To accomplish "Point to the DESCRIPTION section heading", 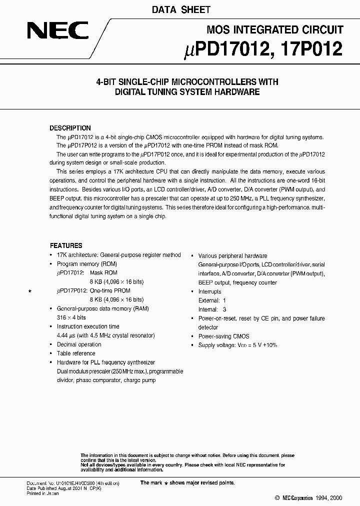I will click(x=70, y=128).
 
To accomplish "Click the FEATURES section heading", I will click(x=66, y=246).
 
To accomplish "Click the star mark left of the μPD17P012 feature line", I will click(x=30, y=291).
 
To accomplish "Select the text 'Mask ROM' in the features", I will click(x=103, y=273).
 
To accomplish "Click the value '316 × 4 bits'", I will click(x=71, y=318).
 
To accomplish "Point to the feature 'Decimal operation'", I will click(x=79, y=345).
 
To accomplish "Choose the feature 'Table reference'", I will click(x=76, y=354).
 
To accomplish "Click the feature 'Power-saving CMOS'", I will click(x=223, y=336).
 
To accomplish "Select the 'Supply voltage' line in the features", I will click(x=237, y=345).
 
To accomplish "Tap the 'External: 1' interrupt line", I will click(x=212, y=300).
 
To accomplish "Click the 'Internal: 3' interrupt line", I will click(x=212, y=309).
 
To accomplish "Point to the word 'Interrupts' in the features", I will click(x=209, y=291).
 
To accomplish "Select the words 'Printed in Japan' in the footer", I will click(x=42, y=493).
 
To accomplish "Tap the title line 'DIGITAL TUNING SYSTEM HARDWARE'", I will click(x=187, y=92).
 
